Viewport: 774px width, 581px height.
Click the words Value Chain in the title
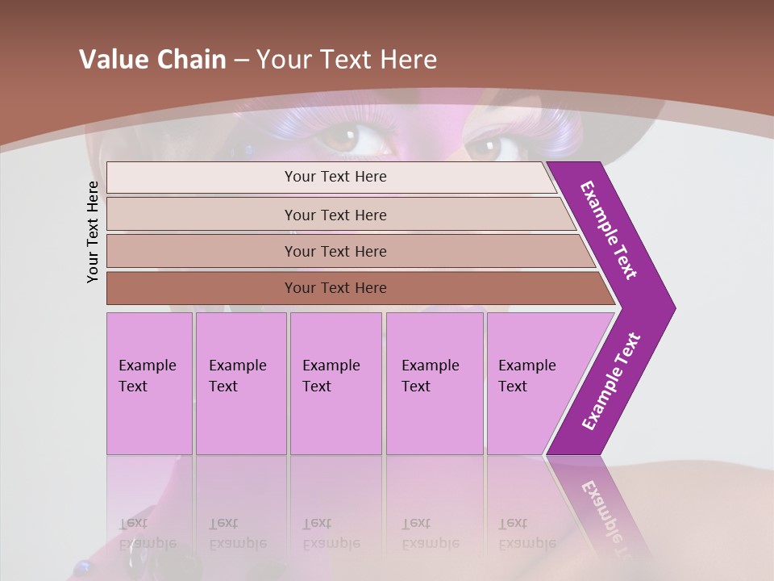(152, 60)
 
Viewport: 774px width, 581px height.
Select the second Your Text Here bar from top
(335, 215)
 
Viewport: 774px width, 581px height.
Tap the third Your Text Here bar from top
(335, 251)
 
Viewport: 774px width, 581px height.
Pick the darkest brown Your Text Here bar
(335, 288)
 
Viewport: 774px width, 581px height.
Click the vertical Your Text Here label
(94, 232)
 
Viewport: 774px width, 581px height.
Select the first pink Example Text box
(149, 383)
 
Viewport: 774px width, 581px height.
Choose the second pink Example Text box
(240, 383)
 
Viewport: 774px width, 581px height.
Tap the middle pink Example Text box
(335, 383)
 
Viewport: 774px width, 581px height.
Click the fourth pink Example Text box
(434, 383)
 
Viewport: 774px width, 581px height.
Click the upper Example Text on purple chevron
(609, 230)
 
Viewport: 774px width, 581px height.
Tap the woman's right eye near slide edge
(486, 147)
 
